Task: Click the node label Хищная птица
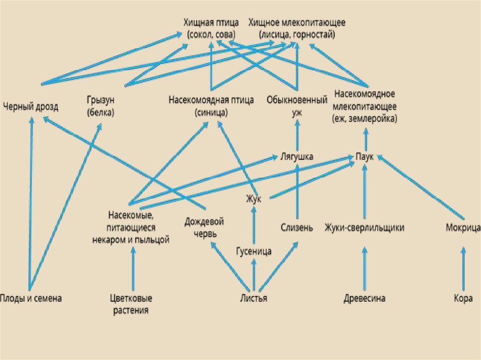pyautogui.click(x=211, y=23)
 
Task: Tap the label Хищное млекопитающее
pyautogui.click(x=297, y=23)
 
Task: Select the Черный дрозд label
pyautogui.click(x=31, y=107)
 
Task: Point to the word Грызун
pyautogui.click(x=101, y=100)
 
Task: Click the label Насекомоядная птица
pyautogui.click(x=211, y=100)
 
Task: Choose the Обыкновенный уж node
pyautogui.click(x=297, y=106)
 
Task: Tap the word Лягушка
pyautogui.click(x=297, y=157)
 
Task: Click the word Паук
pyautogui.click(x=365, y=157)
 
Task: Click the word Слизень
pyautogui.click(x=297, y=228)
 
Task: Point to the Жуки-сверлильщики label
pyautogui.click(x=365, y=228)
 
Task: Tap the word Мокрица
pyautogui.click(x=462, y=228)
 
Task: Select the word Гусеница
pyautogui.click(x=254, y=252)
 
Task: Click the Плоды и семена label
pyautogui.click(x=31, y=299)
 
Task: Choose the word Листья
pyautogui.click(x=254, y=299)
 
